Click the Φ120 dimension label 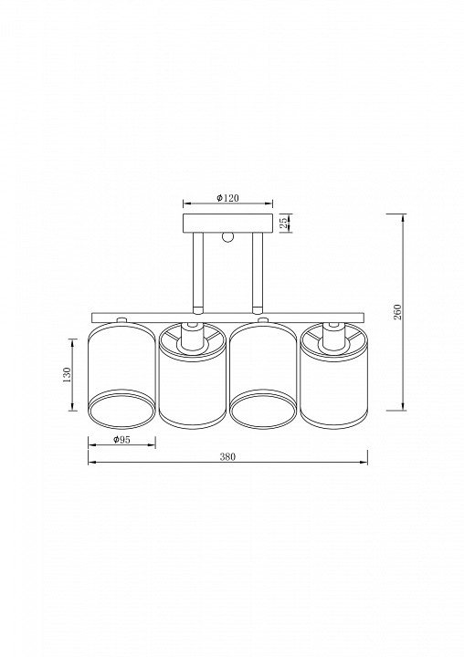click(227, 198)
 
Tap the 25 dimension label click(283, 223)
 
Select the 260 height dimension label click(397, 312)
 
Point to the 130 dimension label click(67, 374)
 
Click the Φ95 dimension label click(121, 440)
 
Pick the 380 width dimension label click(227, 457)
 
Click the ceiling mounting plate click(228, 223)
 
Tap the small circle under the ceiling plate click(227, 236)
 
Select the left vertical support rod click(198, 273)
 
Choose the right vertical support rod click(258, 273)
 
